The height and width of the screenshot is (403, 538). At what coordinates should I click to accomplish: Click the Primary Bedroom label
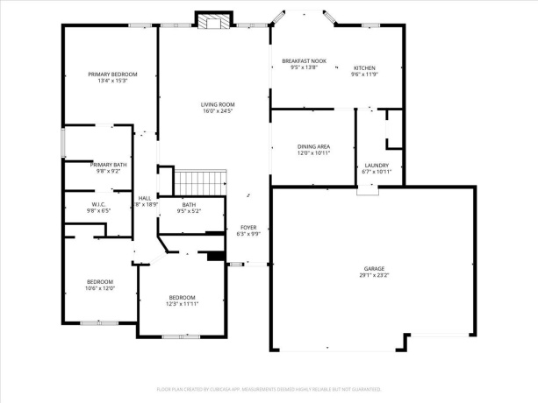point(112,74)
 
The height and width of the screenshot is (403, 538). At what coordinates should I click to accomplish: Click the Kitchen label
point(364,67)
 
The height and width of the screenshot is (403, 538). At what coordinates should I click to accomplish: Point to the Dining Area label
point(313,146)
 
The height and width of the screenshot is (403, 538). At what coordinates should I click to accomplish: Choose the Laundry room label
point(370,165)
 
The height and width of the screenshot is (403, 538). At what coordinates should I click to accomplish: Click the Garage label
point(375,268)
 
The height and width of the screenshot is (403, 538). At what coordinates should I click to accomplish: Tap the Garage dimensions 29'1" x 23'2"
point(375,275)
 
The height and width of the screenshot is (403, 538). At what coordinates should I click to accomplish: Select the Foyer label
point(248,227)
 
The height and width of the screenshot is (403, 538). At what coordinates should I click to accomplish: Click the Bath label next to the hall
point(189,204)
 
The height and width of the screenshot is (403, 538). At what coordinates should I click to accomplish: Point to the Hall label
point(145,198)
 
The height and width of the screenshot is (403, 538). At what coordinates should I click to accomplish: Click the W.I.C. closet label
point(97,204)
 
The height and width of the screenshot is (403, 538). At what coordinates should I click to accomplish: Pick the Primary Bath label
point(109,164)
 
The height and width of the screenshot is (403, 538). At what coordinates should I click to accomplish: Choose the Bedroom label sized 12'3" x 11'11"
point(183,297)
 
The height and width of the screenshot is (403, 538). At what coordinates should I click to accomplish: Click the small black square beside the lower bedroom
point(214,257)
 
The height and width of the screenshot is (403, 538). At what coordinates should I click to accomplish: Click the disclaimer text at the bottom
point(269,388)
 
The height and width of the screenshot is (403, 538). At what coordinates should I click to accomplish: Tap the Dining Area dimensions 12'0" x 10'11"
point(313,153)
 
